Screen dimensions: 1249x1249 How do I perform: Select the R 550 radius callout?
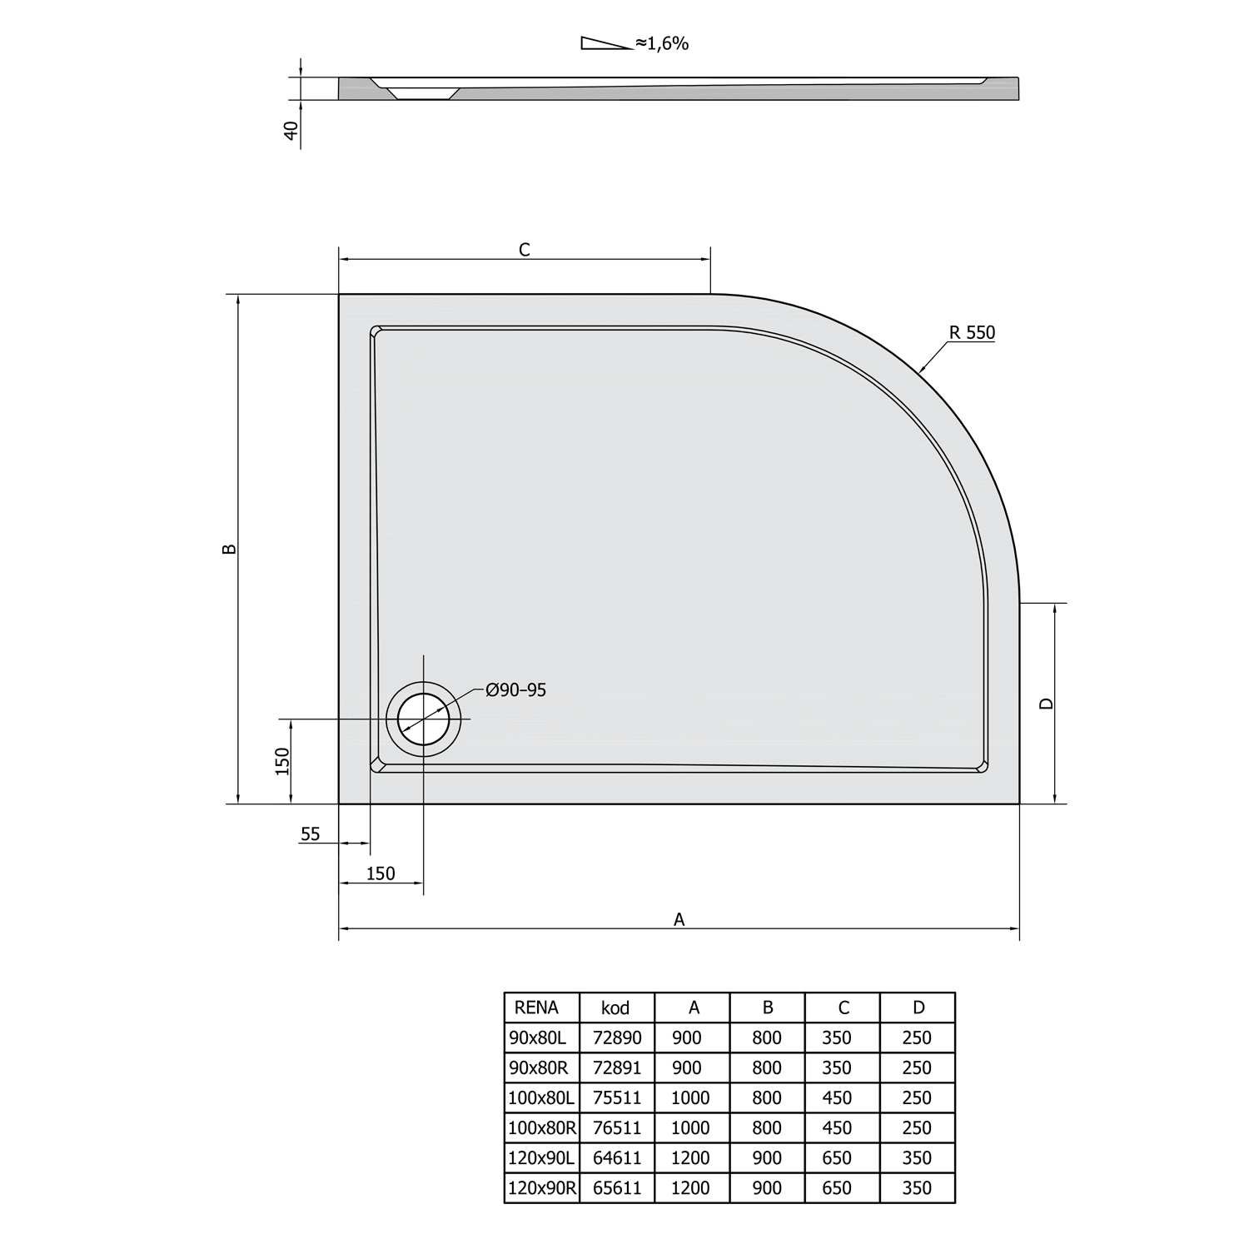tap(972, 333)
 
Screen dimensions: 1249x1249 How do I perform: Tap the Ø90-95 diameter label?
tap(516, 690)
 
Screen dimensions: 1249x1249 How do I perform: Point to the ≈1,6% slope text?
tap(662, 44)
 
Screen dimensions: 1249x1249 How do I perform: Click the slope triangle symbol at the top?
tap(606, 44)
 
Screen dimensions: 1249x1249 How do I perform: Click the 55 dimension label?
tap(310, 833)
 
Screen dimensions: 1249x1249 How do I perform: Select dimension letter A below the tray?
tap(679, 919)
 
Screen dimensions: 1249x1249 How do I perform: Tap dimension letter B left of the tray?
tap(231, 549)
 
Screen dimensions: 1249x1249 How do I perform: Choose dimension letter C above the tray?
tap(525, 250)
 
